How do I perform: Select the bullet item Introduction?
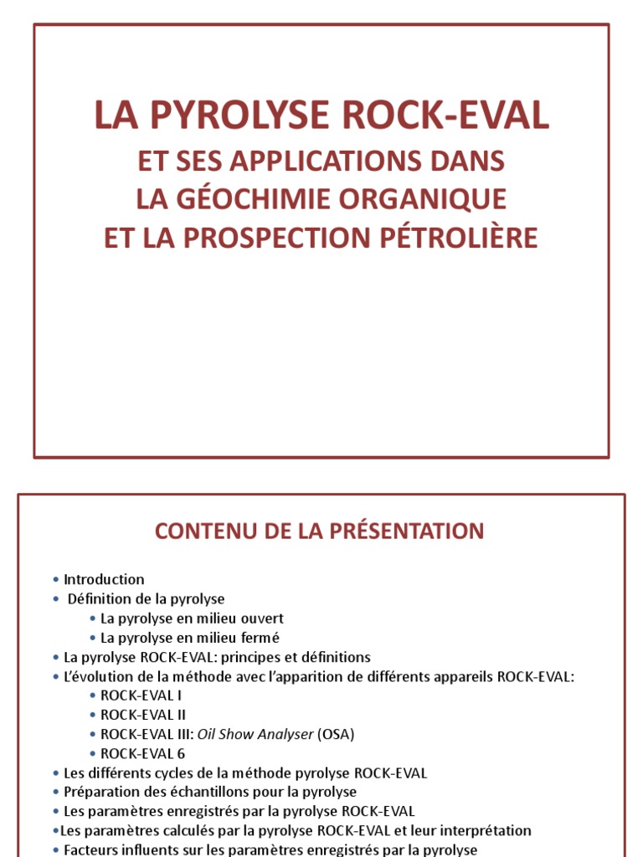(104, 579)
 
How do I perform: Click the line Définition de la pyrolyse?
(146, 598)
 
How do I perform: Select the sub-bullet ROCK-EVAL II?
(142, 715)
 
